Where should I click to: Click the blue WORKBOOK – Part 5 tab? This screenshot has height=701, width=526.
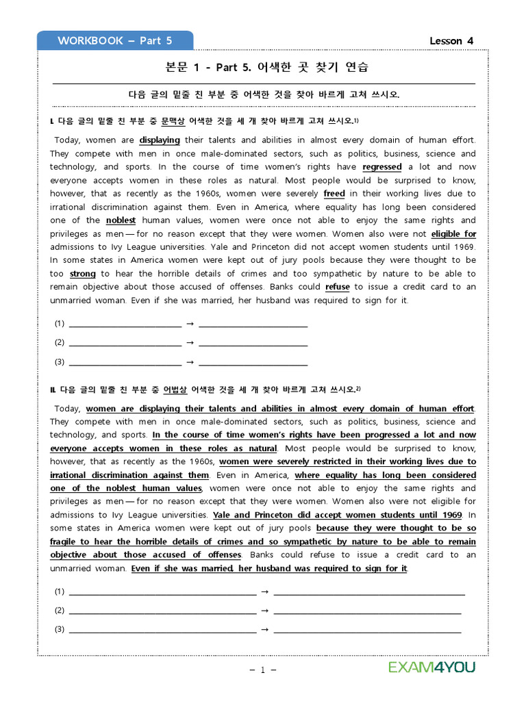tap(114, 40)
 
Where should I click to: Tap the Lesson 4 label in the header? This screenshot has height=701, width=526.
tap(451, 40)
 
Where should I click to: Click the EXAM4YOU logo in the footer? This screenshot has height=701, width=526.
tap(431, 667)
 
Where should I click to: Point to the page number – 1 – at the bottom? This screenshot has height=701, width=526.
tap(263, 670)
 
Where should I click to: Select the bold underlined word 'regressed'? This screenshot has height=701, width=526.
tap(382, 167)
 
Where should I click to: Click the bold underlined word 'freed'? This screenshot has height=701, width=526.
tap(334, 194)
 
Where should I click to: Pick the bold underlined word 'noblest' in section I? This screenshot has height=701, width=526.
tap(121, 220)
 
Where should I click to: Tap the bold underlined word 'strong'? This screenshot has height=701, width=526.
tap(83, 274)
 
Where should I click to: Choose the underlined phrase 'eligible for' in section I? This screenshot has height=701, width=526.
tap(453, 234)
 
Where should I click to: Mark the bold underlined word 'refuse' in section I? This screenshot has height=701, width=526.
tap(338, 288)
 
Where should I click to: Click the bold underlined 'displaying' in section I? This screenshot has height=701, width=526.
tap(160, 140)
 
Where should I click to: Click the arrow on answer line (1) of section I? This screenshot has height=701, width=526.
tap(190, 324)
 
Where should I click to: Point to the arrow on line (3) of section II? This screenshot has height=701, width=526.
tap(265, 629)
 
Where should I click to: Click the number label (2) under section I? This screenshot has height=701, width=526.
tap(59, 342)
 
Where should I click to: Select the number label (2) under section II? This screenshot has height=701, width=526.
tap(59, 610)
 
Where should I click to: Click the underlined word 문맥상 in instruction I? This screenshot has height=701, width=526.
tap(173, 121)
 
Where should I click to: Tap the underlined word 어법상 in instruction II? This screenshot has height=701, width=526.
tap(175, 390)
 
